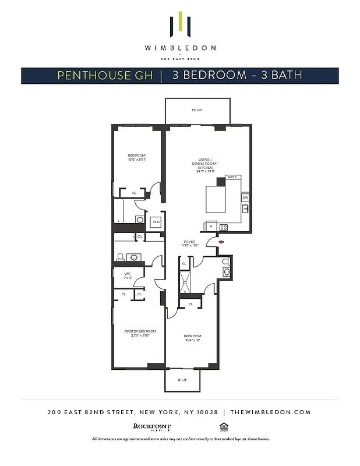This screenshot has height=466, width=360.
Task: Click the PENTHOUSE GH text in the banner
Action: [105, 75]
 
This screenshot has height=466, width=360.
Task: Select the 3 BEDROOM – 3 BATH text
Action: [237, 75]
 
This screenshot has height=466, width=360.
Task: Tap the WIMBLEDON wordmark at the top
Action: [179, 48]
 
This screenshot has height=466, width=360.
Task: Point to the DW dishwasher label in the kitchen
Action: [245, 197]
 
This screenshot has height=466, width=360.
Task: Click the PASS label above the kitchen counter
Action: [232, 177]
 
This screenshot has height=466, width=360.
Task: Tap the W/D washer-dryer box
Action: [156, 222]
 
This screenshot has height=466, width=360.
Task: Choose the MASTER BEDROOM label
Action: [137, 333]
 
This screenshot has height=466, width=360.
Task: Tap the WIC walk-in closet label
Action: [128, 275]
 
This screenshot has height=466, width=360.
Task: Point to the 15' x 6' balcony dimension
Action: [196, 110]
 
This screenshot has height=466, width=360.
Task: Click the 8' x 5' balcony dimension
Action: [182, 380]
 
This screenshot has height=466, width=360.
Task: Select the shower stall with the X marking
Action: [186, 283]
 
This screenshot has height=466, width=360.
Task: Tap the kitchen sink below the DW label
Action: [245, 209]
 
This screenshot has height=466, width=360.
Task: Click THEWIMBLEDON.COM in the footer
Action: [270, 412]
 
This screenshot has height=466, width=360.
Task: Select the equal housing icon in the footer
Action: [222, 426]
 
